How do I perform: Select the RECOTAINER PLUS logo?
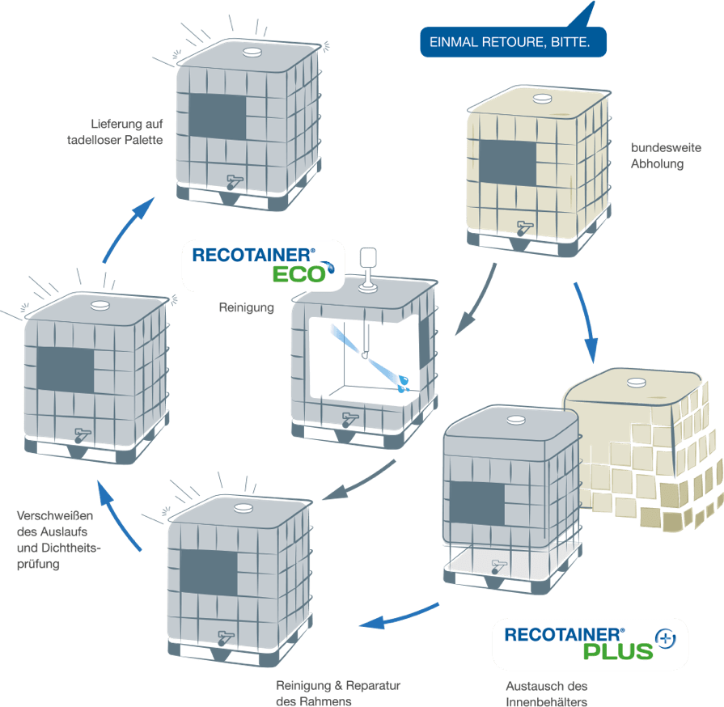coord(590,643)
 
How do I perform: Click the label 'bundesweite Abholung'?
coord(657,156)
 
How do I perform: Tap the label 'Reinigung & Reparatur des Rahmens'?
coord(338,694)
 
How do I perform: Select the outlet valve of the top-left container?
coord(233,180)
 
